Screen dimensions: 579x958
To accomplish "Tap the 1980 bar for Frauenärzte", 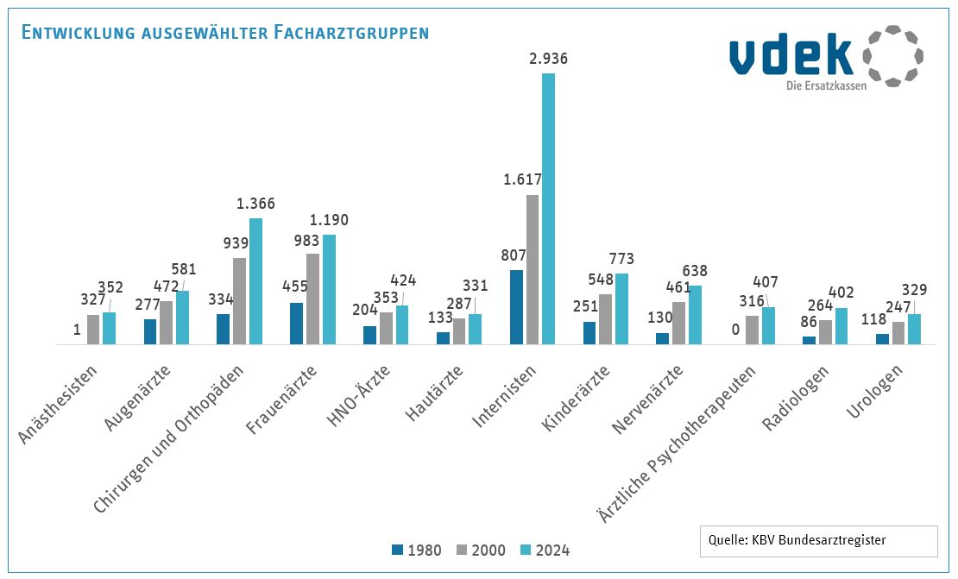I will (296, 324).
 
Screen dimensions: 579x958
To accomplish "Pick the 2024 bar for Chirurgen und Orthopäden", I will (255, 281).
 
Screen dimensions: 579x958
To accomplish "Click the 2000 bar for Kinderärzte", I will (606, 319).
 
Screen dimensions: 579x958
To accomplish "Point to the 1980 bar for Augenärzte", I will (150, 332).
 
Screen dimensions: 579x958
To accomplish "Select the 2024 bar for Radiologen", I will (841, 326).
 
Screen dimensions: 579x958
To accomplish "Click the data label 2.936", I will (549, 59).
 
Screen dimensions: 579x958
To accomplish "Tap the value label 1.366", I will (256, 205).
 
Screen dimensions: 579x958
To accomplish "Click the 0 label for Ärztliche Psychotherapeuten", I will (736, 329).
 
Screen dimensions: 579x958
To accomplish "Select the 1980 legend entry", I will (417, 551).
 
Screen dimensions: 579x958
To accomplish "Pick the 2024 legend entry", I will (545, 551).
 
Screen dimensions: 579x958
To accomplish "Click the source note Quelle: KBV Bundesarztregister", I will (797, 541).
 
